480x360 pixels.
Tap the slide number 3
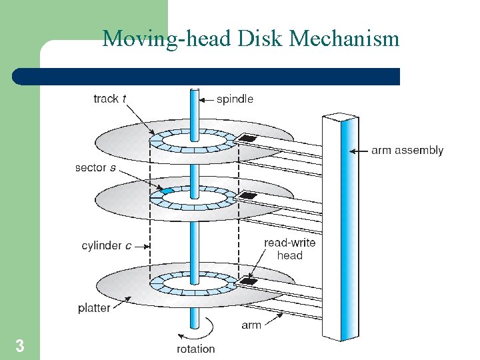20,346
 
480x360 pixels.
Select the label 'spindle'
235,99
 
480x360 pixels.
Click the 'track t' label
111,99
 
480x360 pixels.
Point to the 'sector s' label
95,168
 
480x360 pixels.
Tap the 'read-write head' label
290,249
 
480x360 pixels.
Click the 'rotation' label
195,349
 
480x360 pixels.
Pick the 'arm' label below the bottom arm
251,325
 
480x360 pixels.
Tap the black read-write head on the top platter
248,138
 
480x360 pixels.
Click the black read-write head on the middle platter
248,196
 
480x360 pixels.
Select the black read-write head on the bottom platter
248,281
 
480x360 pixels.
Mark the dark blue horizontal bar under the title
207,76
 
